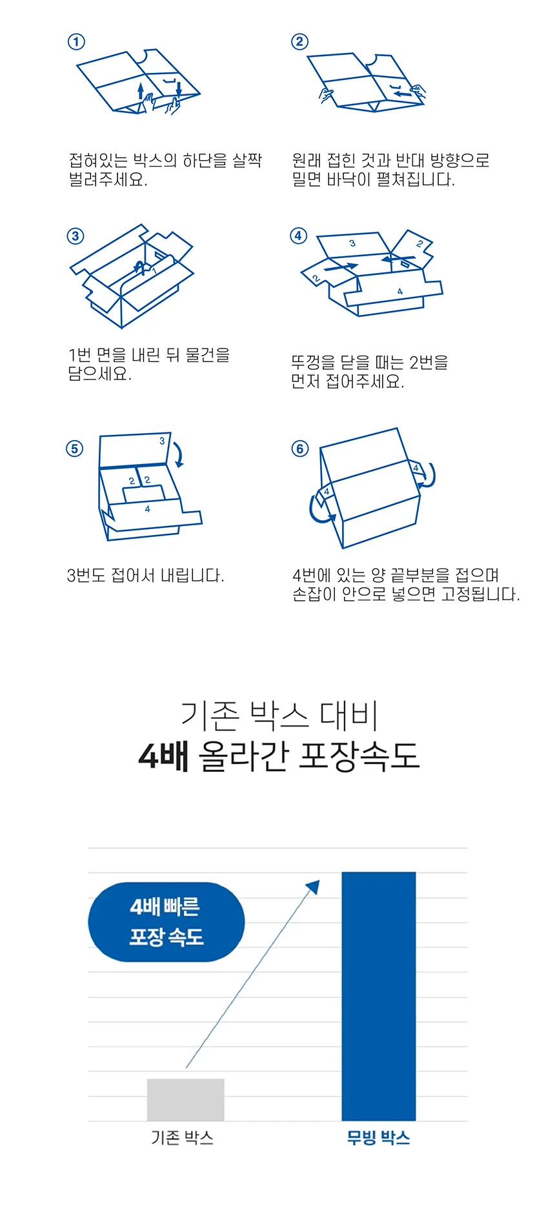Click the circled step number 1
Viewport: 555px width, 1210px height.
click(x=76, y=42)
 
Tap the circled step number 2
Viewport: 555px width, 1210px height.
click(x=299, y=42)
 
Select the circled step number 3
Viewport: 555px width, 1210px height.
click(x=76, y=236)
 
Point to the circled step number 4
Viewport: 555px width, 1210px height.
click(x=298, y=236)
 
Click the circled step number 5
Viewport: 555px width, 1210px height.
click(x=75, y=449)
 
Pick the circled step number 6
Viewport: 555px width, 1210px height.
click(x=300, y=449)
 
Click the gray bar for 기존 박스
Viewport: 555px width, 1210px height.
click(x=186, y=1100)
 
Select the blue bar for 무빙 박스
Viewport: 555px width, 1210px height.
click(x=379, y=996)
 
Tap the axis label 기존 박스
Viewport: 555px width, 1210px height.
click(x=182, y=1137)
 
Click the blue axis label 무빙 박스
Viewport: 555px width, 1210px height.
click(x=379, y=1137)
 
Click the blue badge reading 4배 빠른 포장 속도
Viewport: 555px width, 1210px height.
click(x=166, y=922)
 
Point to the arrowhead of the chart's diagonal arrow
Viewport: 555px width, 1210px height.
click(x=314, y=886)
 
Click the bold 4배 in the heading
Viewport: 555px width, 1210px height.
click(x=164, y=756)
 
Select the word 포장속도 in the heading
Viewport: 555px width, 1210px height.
click(x=359, y=756)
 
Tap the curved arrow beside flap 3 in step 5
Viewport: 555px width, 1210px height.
click(x=179, y=454)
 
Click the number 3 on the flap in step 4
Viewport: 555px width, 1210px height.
click(x=352, y=243)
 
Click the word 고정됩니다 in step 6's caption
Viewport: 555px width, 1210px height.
click(x=480, y=594)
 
